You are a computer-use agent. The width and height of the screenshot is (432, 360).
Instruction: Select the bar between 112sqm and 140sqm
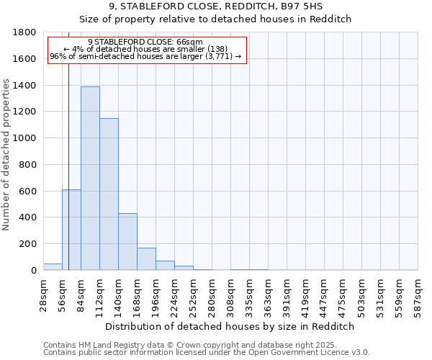click(x=109, y=194)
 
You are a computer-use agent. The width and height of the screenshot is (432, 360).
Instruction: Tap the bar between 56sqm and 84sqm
click(x=71, y=230)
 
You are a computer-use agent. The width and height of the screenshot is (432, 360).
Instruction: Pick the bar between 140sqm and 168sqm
click(x=127, y=242)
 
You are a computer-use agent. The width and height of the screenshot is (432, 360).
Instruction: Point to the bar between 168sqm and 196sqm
click(x=146, y=259)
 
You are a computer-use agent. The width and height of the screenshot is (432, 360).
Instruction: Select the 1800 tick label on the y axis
click(x=26, y=32)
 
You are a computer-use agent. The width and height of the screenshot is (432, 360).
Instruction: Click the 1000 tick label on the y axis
click(x=26, y=138)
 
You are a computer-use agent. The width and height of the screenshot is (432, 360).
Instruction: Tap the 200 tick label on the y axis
click(x=29, y=244)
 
